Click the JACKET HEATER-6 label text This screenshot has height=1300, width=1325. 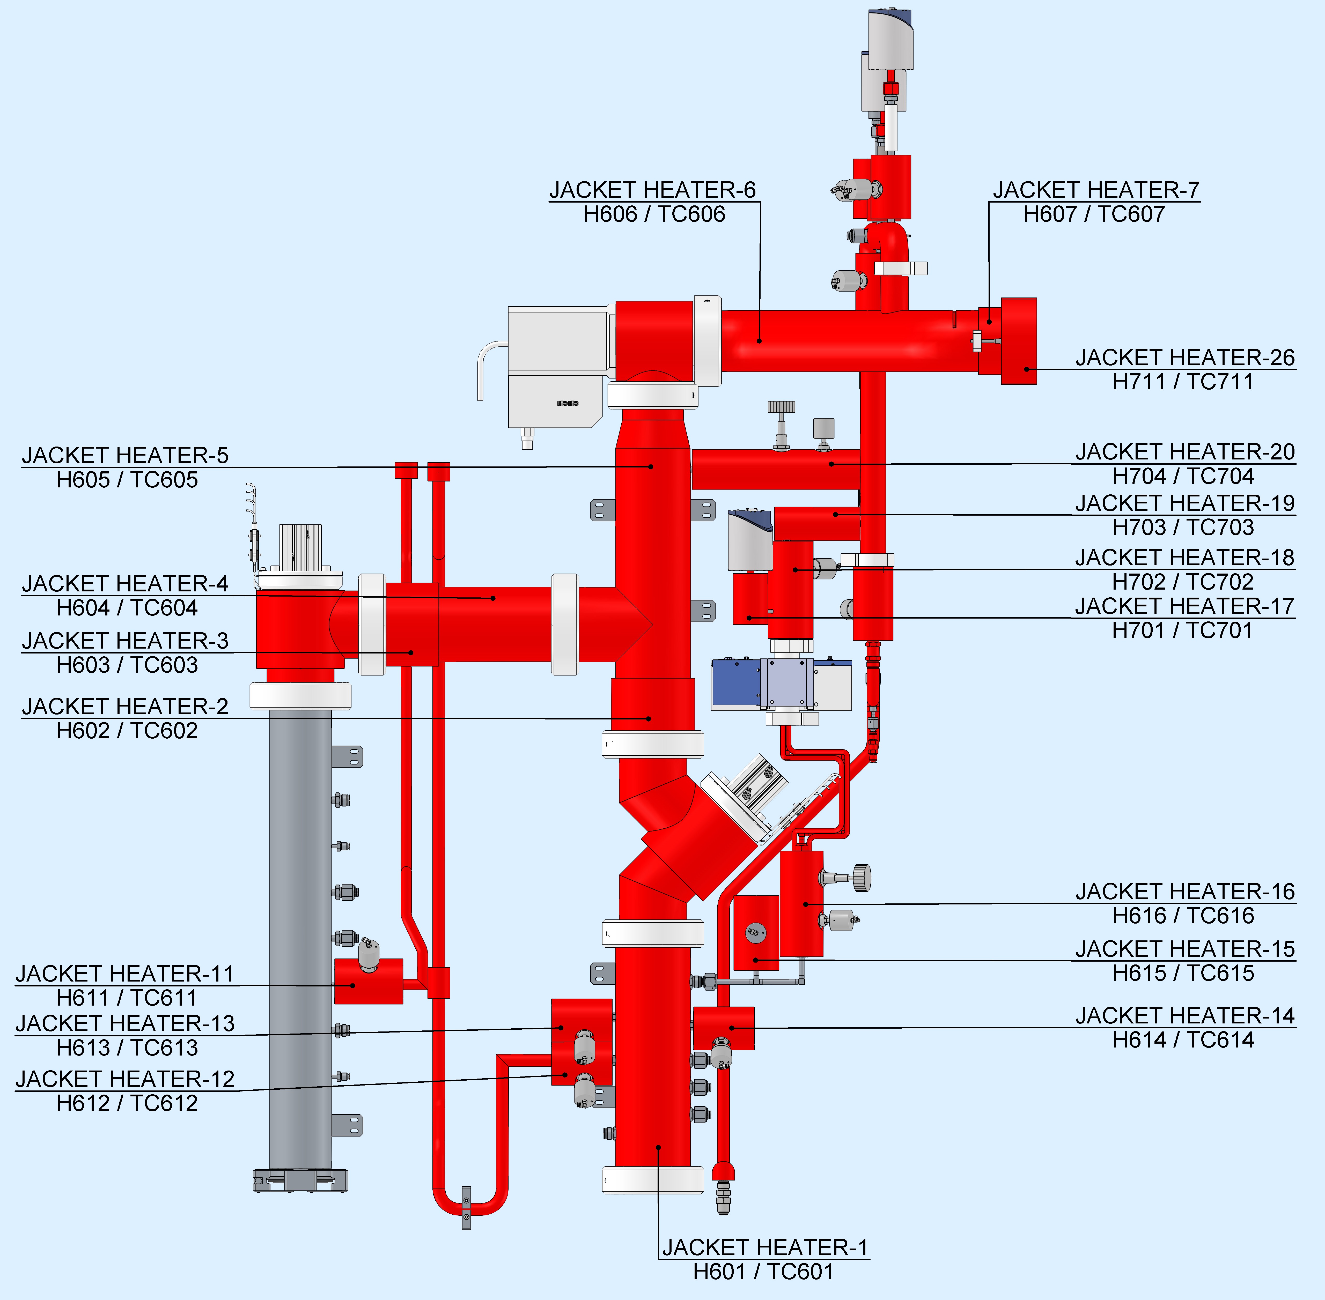coord(652,190)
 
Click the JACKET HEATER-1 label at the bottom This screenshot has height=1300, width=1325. coord(764,1247)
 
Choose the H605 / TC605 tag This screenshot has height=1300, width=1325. coord(127,480)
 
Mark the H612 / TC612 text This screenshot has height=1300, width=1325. coord(127,1103)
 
